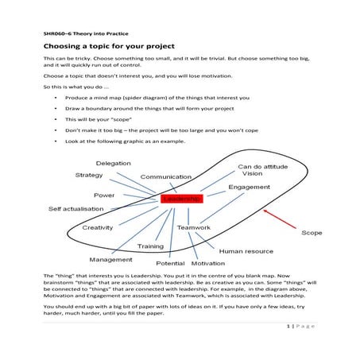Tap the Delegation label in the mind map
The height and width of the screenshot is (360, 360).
114,163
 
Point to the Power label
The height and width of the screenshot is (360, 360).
104,195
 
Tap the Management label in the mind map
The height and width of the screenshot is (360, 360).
111,259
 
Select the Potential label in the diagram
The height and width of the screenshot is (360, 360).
170,263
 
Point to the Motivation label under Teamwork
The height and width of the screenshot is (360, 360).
208,263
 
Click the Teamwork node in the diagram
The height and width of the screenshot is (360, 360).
194,228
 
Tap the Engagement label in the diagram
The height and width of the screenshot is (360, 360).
249,187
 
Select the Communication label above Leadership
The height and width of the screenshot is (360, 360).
166,176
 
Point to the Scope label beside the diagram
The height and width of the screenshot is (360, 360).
312,233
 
